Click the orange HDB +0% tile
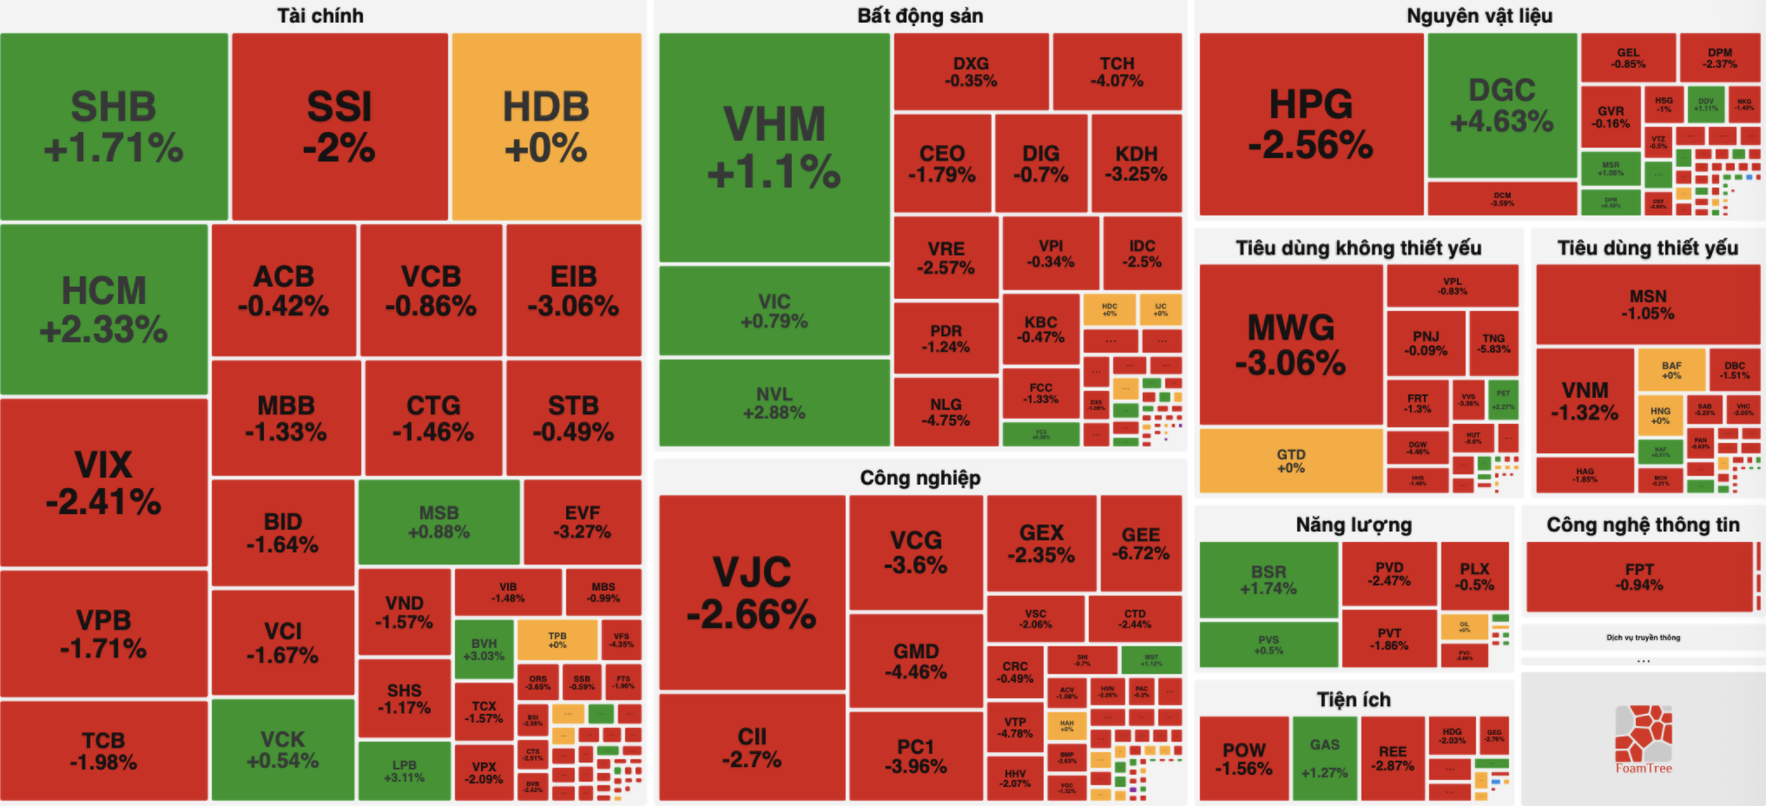tap(546, 127)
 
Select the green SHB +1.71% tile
tap(114, 127)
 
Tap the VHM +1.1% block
tap(774, 148)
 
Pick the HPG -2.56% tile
tap(1310, 124)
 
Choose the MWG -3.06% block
tap(1290, 344)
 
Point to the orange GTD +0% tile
tap(1290, 460)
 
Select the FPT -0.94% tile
tap(1639, 577)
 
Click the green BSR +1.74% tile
tap(1268, 579)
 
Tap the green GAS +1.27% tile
tap(1324, 757)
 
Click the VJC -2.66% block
tap(751, 592)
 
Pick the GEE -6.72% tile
tap(1140, 543)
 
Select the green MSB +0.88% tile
tap(438, 522)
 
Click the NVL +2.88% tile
tap(774, 403)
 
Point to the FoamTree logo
tap(1643, 739)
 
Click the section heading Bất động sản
tap(919, 16)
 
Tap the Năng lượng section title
tap(1353, 525)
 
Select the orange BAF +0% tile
tap(1671, 370)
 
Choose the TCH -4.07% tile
tap(1117, 71)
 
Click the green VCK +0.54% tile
tap(282, 750)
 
